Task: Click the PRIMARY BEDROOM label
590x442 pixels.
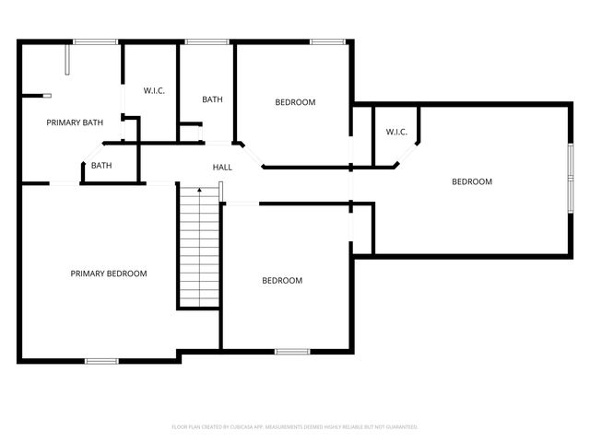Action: [x=109, y=273]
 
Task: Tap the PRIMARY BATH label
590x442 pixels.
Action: [x=75, y=122]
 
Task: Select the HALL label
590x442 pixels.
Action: [x=222, y=168]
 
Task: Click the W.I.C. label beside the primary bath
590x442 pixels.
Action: [x=153, y=90]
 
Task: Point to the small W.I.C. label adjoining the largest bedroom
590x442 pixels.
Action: [x=396, y=132]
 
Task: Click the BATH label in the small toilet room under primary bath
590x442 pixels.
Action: [x=101, y=167]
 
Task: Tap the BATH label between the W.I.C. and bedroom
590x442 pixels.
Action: [x=213, y=99]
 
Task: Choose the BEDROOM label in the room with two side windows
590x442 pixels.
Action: [x=471, y=182]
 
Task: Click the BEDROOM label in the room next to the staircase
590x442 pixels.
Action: [x=282, y=281]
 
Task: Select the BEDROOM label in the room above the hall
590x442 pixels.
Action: [x=295, y=102]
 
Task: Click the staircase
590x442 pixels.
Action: [x=198, y=247]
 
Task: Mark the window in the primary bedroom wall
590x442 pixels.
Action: [x=101, y=360]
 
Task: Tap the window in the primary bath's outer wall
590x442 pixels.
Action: [x=95, y=41]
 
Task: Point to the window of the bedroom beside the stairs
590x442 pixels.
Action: [x=292, y=351]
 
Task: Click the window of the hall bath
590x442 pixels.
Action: [x=207, y=41]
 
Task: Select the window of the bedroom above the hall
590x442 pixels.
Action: [x=324, y=41]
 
